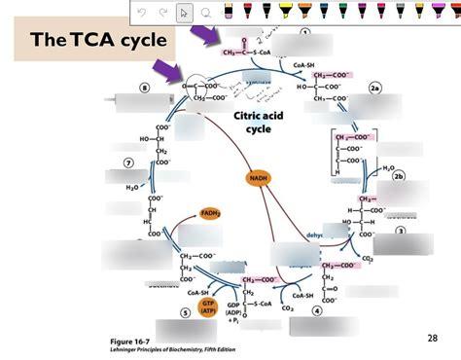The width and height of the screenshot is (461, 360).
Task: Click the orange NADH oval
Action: (x=257, y=179)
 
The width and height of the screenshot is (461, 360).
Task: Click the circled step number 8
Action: (x=145, y=88)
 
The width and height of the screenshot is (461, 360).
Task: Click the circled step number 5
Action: (x=186, y=313)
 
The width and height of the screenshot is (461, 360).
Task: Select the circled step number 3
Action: (x=401, y=231)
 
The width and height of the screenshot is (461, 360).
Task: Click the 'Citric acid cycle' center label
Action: (x=258, y=123)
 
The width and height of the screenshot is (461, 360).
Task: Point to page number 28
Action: (x=433, y=338)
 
